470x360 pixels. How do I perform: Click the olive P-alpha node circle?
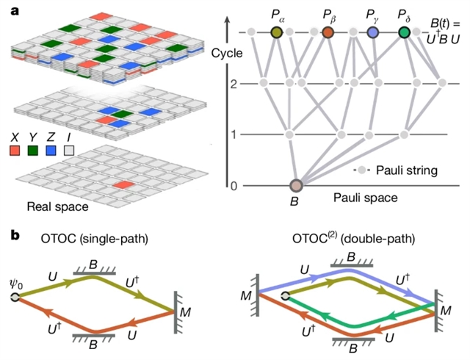(x=276, y=32)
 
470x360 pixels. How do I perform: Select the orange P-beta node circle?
(x=328, y=32)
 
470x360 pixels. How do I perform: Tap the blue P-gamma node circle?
(x=373, y=32)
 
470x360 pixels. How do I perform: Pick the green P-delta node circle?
(x=404, y=32)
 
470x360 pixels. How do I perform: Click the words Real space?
(x=55, y=207)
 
